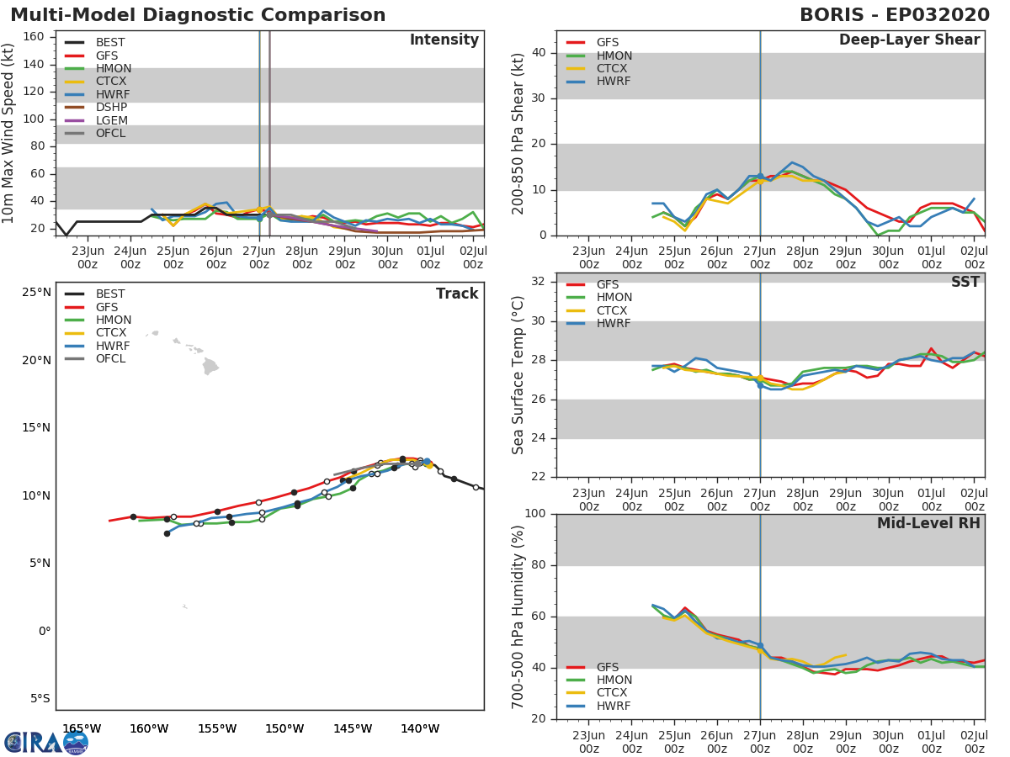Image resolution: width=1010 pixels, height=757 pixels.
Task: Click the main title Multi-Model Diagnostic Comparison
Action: pos(198,15)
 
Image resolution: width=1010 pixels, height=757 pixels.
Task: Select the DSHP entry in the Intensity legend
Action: pos(111,107)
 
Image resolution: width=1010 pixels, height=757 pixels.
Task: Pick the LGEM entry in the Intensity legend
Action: pos(111,120)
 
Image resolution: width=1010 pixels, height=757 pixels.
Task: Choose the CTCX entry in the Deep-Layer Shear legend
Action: pos(614,68)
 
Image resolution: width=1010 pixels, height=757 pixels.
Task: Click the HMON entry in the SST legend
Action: pos(614,298)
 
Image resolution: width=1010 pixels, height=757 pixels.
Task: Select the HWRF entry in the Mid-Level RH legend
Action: pos(614,706)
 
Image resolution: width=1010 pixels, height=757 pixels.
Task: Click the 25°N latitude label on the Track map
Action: pos(36,293)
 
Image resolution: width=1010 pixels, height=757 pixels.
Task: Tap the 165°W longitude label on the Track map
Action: pos(82,728)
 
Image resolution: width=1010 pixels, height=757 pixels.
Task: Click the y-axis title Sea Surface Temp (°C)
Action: pos(519,374)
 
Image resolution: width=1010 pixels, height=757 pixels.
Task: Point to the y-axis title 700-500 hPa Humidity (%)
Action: pos(519,617)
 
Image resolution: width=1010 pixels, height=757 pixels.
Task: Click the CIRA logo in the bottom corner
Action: pos(45,742)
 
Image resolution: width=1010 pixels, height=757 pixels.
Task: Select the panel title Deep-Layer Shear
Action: pos(909,40)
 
